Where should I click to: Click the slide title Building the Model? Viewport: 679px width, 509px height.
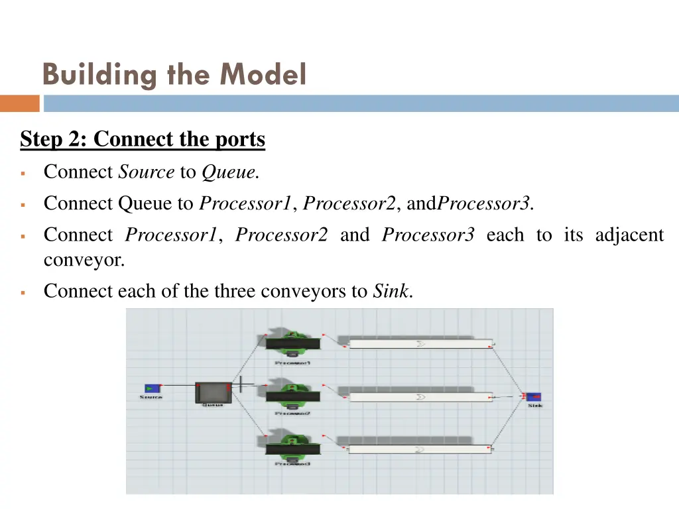(x=174, y=74)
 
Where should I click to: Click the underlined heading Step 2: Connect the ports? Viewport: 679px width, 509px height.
(x=143, y=140)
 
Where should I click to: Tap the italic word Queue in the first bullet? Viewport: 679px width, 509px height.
(x=229, y=173)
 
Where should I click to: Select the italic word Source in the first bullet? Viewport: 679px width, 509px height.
(x=146, y=173)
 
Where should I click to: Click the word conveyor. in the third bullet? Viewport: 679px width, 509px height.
(x=84, y=260)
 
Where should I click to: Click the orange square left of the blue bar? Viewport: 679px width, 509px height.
(x=19, y=103)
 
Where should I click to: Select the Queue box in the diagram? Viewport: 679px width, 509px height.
(x=213, y=392)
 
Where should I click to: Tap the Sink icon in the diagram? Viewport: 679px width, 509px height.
(x=534, y=396)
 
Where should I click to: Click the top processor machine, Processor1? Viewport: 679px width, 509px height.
(x=292, y=342)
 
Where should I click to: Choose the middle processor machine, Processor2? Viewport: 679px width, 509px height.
(x=292, y=394)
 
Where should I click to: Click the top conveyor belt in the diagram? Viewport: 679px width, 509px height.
(x=420, y=344)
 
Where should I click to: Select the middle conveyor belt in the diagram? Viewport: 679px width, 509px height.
(x=420, y=397)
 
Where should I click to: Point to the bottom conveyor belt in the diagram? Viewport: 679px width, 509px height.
(x=420, y=449)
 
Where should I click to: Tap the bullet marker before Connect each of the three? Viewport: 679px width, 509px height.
(x=23, y=292)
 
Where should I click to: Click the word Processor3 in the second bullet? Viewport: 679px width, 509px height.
(x=484, y=203)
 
